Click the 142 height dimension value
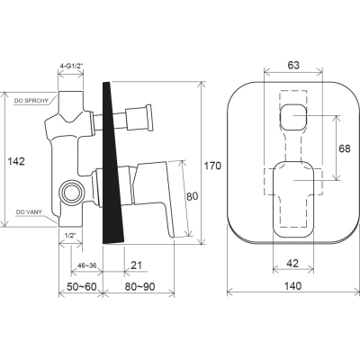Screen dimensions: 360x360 (16, 161)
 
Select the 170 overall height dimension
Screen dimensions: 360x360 (212, 166)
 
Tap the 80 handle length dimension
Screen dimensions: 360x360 (193, 196)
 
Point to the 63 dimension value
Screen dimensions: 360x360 (293, 65)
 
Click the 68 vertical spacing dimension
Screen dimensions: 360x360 (344, 148)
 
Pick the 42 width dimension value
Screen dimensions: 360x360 (292, 264)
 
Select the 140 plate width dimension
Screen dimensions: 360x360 (292, 286)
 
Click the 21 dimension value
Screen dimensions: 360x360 (137, 265)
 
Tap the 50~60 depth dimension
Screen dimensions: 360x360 (82, 287)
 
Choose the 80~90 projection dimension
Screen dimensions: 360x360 (139, 287)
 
